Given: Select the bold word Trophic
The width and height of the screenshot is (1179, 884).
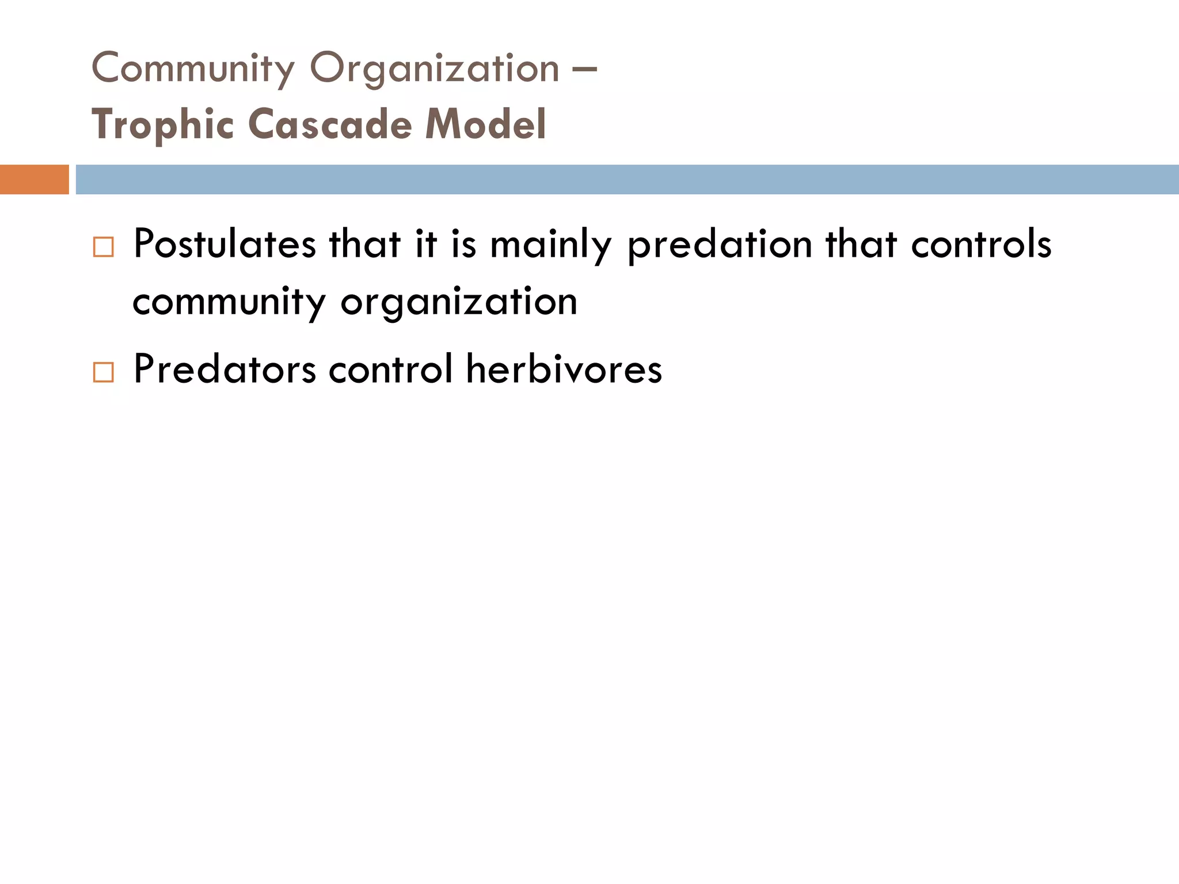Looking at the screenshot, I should (x=163, y=125).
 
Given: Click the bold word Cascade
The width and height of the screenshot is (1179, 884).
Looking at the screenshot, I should (x=330, y=124).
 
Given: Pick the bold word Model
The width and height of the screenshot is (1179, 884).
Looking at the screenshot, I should (x=485, y=124).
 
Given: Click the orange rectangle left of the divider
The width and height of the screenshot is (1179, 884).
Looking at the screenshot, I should (x=34, y=180).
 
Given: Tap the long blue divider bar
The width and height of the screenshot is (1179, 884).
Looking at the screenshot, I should (x=627, y=180).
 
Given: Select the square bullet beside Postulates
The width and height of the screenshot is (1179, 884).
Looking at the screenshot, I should (x=104, y=247).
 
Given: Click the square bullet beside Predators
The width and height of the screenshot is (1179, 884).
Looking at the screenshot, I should (x=104, y=372).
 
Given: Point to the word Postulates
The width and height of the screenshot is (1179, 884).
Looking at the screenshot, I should (x=225, y=244).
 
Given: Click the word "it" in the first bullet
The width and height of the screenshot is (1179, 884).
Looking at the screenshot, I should (x=426, y=244).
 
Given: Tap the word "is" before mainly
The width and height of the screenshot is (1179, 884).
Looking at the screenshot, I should (x=464, y=244).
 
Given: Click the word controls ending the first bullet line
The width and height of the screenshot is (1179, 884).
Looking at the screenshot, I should (x=981, y=244).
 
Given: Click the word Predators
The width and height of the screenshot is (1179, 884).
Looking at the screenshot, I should (x=225, y=369).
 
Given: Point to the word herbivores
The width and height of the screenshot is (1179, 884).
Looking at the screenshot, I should (x=564, y=369).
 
